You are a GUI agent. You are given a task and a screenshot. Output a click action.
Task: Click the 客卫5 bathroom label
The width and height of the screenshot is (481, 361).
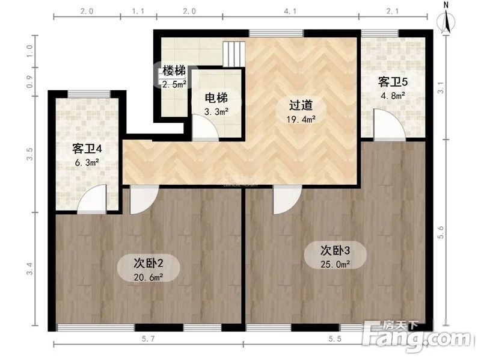[391, 81]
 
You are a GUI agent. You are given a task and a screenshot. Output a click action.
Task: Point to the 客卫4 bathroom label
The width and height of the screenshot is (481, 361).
[85, 147]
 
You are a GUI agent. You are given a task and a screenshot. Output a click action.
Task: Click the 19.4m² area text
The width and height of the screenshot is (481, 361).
[301, 119]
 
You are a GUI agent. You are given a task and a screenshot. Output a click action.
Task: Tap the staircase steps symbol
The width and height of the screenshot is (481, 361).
[233, 54]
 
